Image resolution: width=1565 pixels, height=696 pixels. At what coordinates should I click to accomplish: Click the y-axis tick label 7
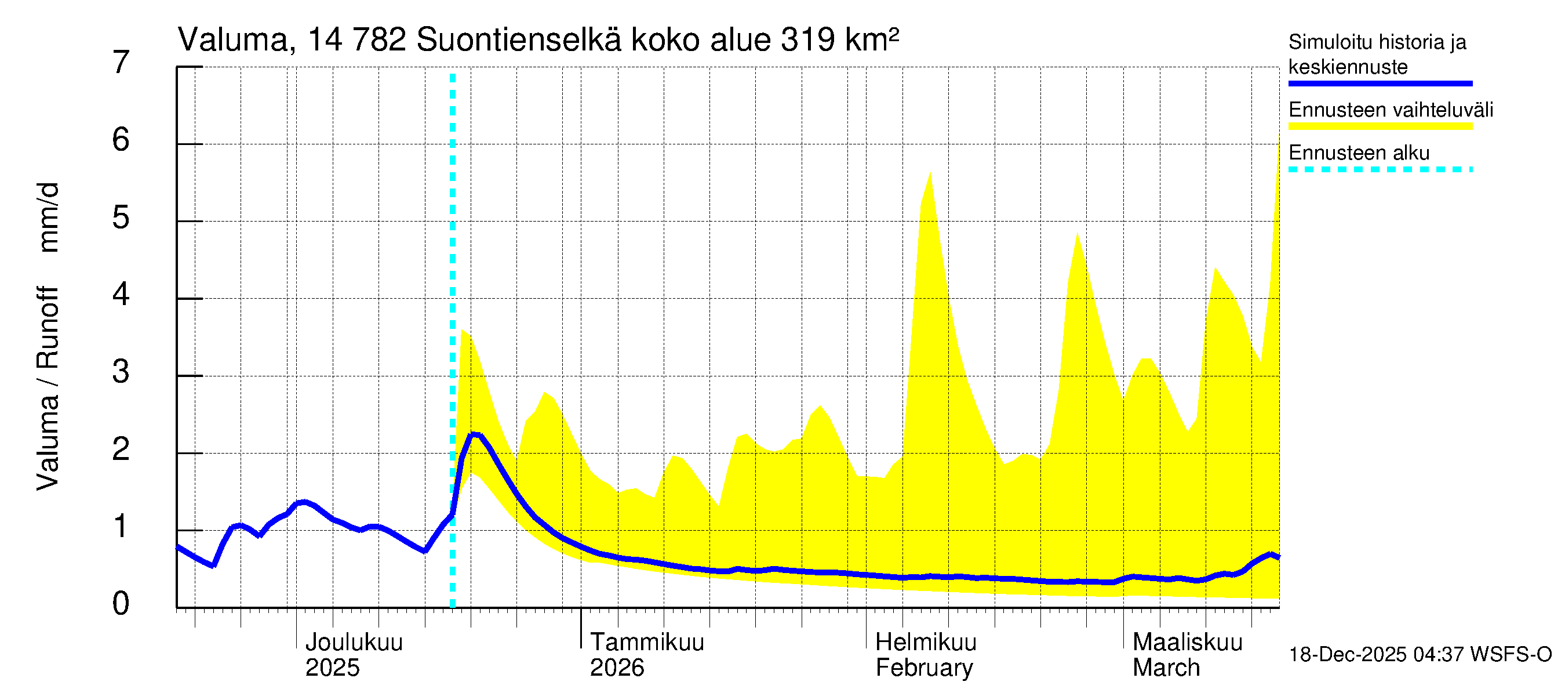tap(121, 63)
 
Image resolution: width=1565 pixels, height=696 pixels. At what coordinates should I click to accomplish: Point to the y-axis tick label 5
tap(121, 217)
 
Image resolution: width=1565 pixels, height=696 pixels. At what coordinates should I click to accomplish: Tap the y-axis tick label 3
tap(121, 372)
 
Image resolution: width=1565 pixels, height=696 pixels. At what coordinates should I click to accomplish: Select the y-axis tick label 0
tap(121, 604)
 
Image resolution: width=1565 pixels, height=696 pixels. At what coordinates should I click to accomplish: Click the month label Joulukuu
tap(354, 643)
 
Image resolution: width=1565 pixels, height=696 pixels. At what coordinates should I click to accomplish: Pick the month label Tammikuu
tap(647, 643)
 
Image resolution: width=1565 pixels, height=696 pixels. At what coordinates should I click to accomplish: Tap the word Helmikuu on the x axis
tap(926, 643)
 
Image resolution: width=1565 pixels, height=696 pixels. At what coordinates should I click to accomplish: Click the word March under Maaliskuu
tap(1166, 668)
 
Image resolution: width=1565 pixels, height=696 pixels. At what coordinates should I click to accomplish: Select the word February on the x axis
tap(924, 668)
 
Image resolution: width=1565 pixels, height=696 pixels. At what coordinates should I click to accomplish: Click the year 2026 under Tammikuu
tap(617, 668)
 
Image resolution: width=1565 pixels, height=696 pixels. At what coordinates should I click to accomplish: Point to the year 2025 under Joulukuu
tap(332, 668)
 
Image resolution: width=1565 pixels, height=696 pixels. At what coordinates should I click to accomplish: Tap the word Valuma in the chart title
tap(232, 40)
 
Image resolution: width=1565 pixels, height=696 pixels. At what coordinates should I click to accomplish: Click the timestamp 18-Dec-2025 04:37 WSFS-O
tap(1420, 655)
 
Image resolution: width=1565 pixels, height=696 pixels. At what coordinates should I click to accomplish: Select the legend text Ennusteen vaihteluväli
tap(1391, 110)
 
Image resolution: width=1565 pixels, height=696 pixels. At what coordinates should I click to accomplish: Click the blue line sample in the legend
tap(1380, 84)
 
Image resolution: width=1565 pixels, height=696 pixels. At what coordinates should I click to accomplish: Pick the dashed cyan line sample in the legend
tap(1380, 169)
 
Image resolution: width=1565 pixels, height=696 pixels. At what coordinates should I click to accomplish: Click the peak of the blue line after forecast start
tap(475, 434)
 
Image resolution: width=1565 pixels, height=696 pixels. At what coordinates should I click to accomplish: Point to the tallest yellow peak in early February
tap(930, 174)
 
